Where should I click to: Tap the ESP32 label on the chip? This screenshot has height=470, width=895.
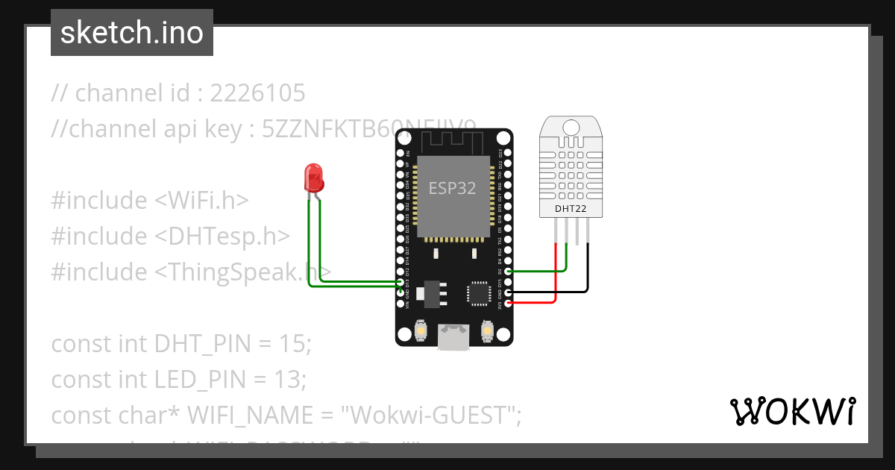pos(451,188)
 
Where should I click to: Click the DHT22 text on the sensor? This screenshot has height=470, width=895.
pos(571,210)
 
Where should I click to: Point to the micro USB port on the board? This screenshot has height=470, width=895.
pos(454,336)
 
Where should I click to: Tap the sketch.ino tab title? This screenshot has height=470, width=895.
pos(132,33)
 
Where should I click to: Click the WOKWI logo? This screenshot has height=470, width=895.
pos(791,411)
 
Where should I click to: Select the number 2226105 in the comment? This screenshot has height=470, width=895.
pos(257,93)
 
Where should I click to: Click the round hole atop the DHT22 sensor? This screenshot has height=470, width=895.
pos(571,126)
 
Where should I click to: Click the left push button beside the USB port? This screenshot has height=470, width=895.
pos(421,330)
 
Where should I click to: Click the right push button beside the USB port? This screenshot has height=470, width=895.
pos(487,330)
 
